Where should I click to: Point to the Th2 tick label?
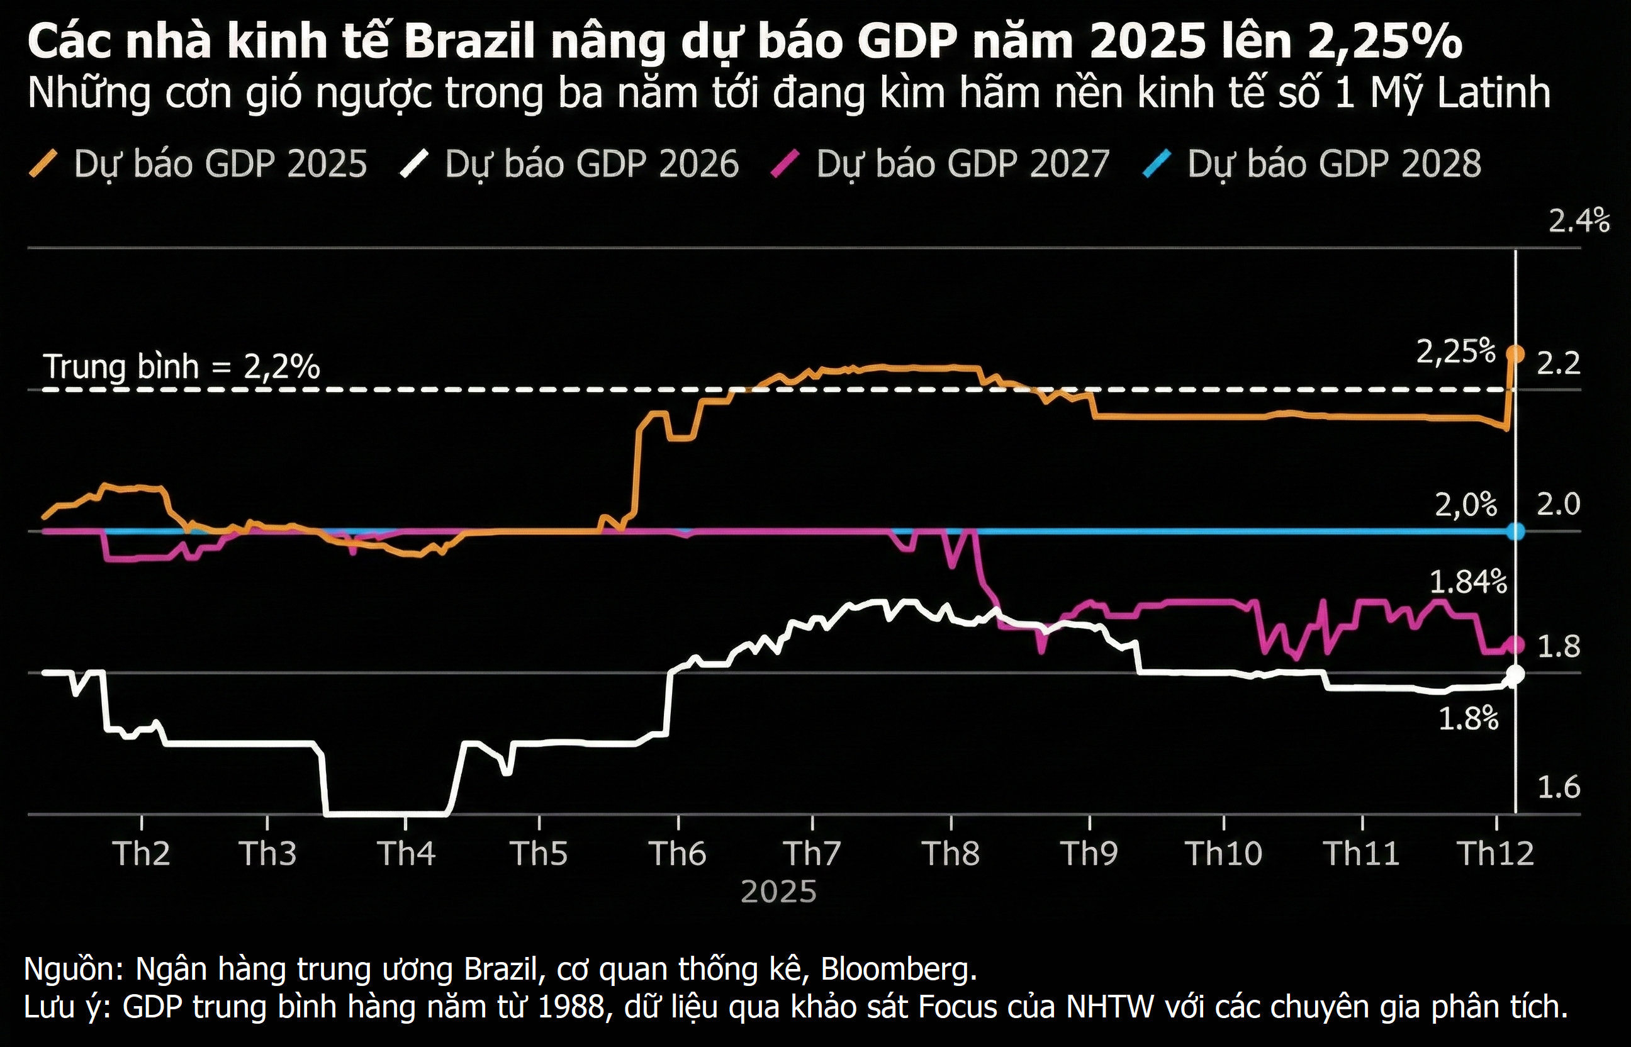(x=142, y=853)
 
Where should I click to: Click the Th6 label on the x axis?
(x=677, y=853)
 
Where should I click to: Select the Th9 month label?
(x=1089, y=853)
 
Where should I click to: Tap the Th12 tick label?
(x=1496, y=853)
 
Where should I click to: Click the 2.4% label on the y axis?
(x=1579, y=221)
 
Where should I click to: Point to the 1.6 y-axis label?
(x=1558, y=787)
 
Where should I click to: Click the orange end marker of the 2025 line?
(x=1515, y=354)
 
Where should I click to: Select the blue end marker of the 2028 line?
(x=1515, y=531)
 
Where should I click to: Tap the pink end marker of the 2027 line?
(x=1515, y=644)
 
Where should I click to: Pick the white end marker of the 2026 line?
(x=1515, y=675)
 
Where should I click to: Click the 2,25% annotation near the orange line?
(x=1455, y=352)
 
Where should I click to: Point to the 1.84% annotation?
(x=1468, y=582)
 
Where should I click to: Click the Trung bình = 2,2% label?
(x=181, y=367)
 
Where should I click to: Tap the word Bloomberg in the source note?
(x=898, y=969)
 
